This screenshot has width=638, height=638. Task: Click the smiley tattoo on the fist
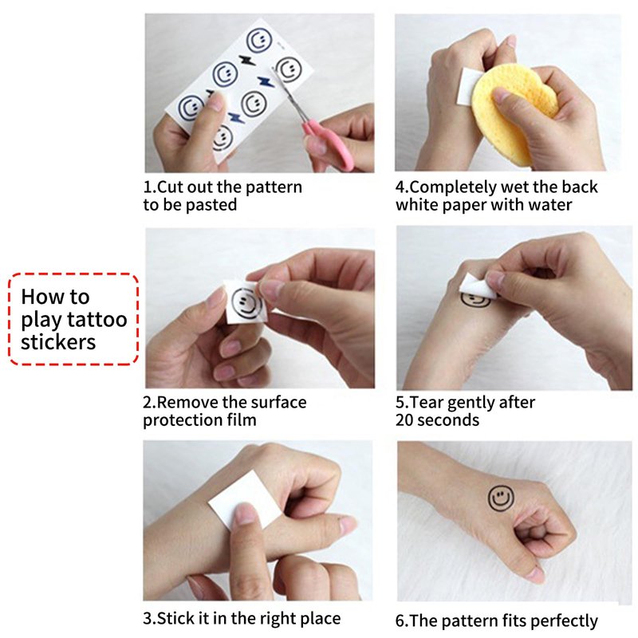501,498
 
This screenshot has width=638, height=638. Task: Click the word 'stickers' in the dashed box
58,342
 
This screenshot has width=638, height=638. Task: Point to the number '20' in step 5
405,420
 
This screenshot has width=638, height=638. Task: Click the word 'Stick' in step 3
175,619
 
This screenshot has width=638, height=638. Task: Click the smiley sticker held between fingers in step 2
246,303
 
